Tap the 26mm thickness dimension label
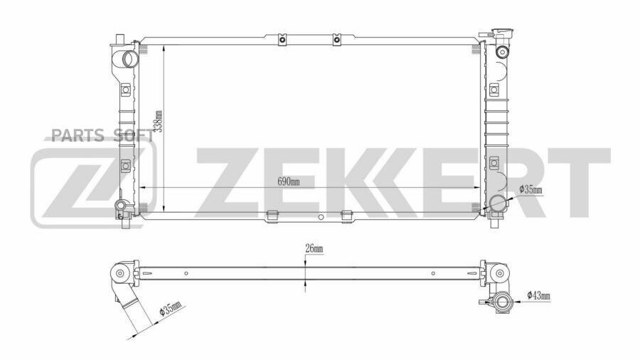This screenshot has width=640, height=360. [x=314, y=248]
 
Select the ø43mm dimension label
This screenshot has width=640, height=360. [x=539, y=295]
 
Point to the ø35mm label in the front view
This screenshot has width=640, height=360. [x=530, y=189]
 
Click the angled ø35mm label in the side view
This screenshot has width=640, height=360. [x=171, y=310]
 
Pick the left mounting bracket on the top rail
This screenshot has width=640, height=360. [x=282, y=39]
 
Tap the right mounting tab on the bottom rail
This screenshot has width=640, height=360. [x=347, y=214]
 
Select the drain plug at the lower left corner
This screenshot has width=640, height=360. [x=122, y=208]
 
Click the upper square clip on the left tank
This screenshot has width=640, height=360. [x=126, y=90]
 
